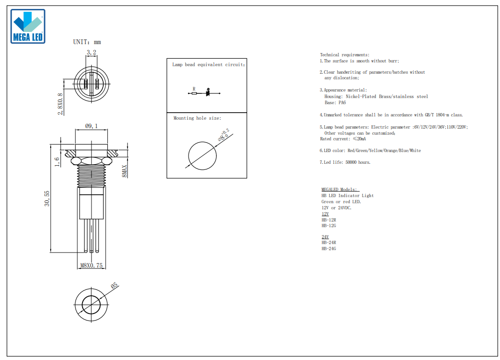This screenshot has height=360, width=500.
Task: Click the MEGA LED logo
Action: click(28, 26)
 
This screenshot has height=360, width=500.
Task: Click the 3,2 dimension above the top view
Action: click(91, 53)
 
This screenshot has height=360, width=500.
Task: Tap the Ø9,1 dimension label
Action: click(91, 126)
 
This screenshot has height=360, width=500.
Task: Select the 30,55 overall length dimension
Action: click(47, 199)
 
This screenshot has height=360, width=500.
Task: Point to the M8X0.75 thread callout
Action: click(91, 266)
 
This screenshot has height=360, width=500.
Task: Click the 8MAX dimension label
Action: click(124, 171)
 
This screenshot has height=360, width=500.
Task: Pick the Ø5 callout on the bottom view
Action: click(114, 285)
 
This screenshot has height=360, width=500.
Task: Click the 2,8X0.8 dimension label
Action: click(60, 104)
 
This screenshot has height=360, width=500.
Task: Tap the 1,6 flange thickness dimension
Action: click(57, 162)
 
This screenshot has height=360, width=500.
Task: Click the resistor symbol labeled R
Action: click(194, 93)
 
